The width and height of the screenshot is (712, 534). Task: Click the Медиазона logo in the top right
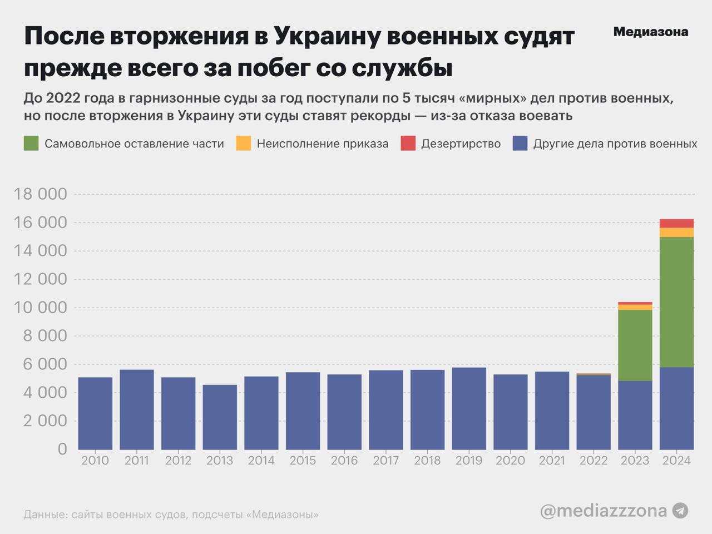pos(650,32)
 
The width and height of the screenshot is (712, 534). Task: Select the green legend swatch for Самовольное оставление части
pos(31,144)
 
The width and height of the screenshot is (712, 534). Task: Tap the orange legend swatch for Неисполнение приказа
pos(244,144)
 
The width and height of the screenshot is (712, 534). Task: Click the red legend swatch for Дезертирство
pos(408,144)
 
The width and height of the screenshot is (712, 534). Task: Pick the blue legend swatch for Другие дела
pos(520,144)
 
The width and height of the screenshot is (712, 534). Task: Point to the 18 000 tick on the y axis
pos(40,194)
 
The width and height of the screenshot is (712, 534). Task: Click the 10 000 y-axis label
pos(40,308)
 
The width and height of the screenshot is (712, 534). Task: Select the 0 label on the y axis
pos(62,449)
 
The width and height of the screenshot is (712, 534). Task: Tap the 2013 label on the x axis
pos(220,461)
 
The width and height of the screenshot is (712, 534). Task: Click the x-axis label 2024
pos(676,461)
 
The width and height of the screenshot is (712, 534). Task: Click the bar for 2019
pos(469,408)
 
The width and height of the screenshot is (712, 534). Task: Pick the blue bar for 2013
pos(220,417)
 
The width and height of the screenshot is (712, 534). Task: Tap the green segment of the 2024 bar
pos(676,302)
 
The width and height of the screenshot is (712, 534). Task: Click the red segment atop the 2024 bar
pos(676,224)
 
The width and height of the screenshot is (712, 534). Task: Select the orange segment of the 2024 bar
pos(676,233)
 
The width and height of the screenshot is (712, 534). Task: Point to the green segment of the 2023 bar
pos(635,345)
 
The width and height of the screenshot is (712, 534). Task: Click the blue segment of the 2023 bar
pos(635,415)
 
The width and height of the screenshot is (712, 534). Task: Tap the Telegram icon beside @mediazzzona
pos(680,511)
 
